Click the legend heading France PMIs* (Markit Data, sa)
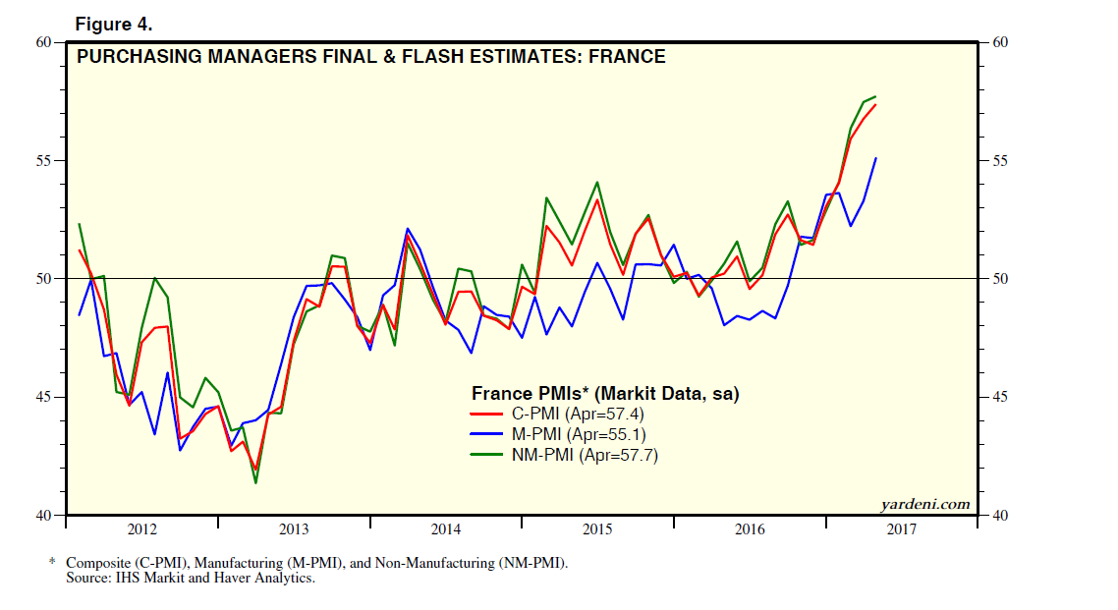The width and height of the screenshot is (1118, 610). (604, 393)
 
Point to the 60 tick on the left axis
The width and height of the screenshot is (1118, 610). (45, 42)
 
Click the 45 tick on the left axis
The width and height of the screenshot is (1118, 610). (45, 397)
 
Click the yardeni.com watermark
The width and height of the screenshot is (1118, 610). (924, 505)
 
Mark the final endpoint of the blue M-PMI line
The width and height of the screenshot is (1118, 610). (875, 158)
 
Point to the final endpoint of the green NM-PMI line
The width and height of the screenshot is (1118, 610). (875, 96)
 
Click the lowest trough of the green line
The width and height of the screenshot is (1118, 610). (255, 482)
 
